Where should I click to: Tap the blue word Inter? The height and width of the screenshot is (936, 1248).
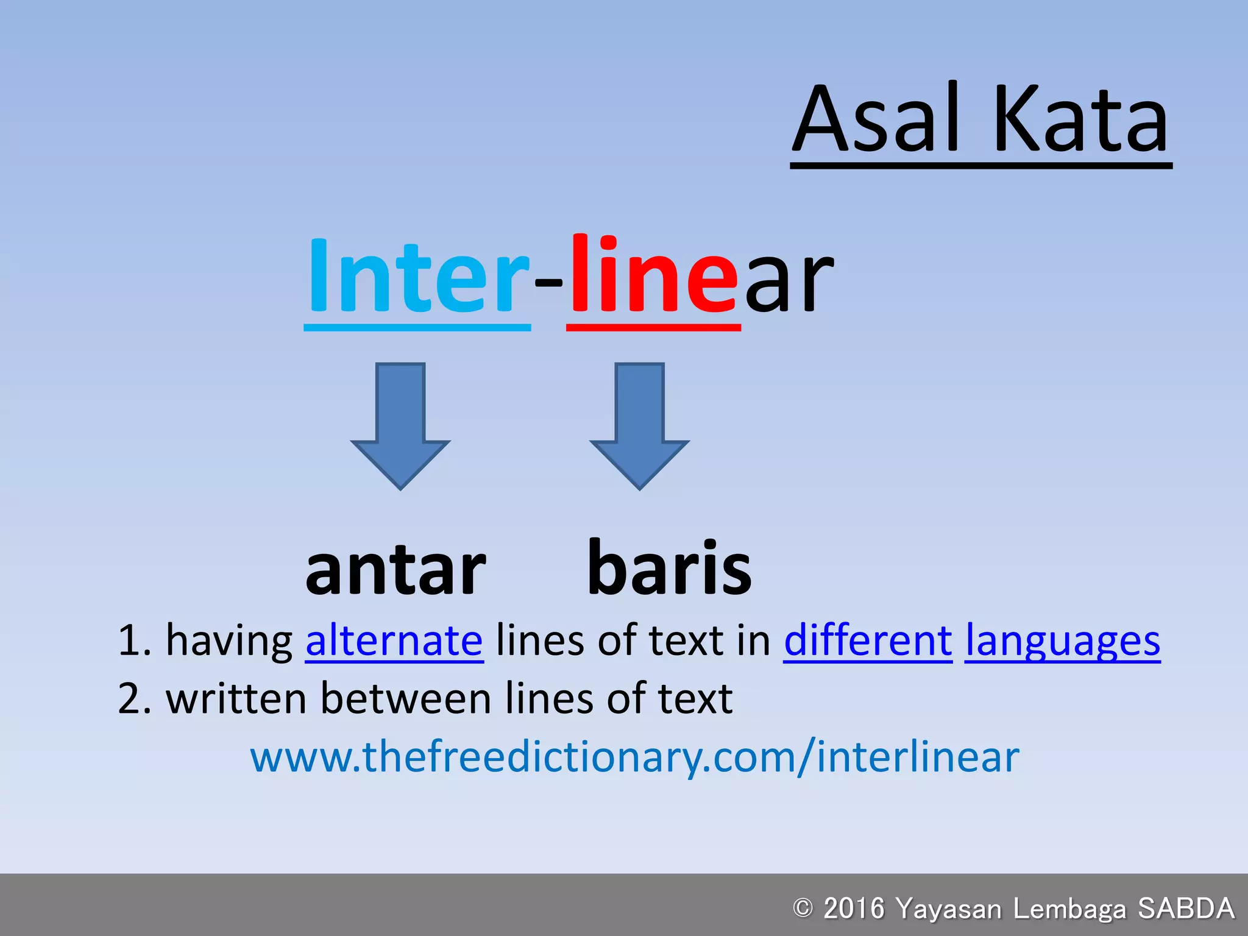point(417,277)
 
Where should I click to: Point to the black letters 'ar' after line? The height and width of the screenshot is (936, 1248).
point(789,283)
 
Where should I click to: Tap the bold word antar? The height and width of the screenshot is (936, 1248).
point(395,570)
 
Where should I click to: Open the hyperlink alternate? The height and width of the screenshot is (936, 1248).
point(394,641)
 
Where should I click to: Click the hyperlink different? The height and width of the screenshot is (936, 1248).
point(868,641)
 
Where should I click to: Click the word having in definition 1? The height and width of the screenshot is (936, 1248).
point(229,641)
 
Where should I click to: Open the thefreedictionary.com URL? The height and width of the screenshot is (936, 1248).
point(634,757)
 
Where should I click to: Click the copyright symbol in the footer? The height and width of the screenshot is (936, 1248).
point(803,908)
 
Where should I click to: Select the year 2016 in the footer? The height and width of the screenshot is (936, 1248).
point(854,908)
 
